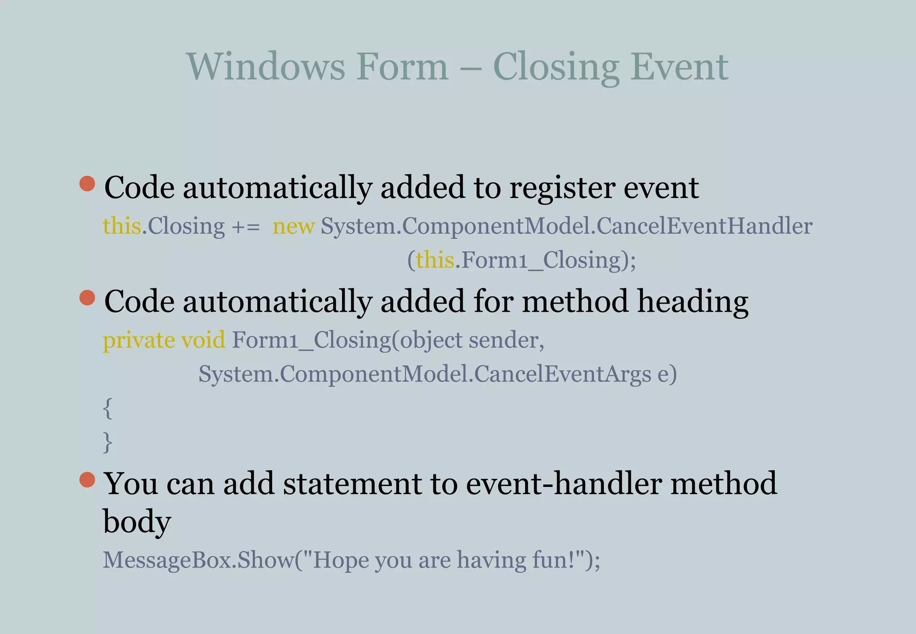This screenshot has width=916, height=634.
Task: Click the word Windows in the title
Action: click(266, 67)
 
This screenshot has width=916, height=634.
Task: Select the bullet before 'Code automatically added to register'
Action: click(87, 183)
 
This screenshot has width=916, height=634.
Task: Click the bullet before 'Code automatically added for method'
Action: click(87, 297)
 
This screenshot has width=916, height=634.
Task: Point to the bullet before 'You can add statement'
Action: click(87, 480)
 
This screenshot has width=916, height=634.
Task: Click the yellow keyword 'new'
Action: click(293, 226)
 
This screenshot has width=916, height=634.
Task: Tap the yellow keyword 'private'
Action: click(139, 341)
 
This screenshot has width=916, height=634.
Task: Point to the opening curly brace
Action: click(107, 408)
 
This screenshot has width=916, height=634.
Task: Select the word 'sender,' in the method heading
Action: click(506, 341)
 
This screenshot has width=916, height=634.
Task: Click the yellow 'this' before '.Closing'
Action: click(122, 226)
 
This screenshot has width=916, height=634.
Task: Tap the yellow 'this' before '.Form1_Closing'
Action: click(435, 260)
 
